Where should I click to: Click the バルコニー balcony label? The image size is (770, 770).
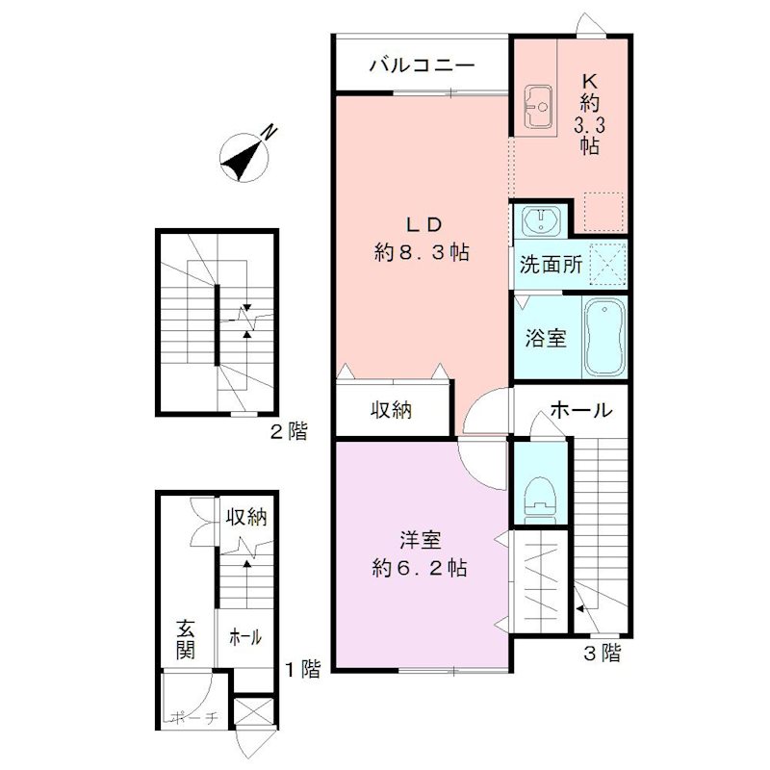[422, 64]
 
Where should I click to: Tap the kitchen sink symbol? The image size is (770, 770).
[539, 107]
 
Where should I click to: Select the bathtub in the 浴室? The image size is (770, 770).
[604, 338]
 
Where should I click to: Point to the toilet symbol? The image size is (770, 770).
[540, 497]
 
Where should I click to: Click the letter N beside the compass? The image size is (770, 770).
[269, 132]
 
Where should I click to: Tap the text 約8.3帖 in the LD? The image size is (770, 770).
[422, 252]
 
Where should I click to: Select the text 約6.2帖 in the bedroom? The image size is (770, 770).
[420, 568]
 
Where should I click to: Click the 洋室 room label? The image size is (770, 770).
[421, 540]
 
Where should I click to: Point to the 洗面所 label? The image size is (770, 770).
[551, 265]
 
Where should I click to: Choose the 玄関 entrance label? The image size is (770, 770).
[186, 639]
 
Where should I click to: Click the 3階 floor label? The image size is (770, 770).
[603, 653]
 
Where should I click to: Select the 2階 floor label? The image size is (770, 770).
[290, 431]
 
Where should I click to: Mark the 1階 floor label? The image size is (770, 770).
[303, 668]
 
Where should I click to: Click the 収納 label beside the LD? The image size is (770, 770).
[392, 410]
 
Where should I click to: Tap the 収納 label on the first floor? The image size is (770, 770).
[246, 517]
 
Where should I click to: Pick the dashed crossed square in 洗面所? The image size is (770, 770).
[608, 264]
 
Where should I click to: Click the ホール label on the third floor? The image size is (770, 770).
[581, 410]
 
